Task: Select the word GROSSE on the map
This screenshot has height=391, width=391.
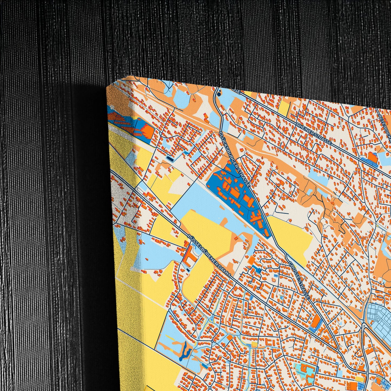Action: click(294, 271)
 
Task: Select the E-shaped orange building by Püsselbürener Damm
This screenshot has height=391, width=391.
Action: click(190, 256)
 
